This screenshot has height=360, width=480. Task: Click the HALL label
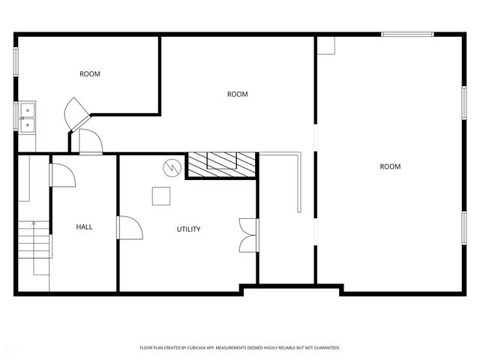(84, 226)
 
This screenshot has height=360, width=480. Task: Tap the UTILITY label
(188, 229)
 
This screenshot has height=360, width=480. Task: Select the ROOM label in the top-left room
(90, 74)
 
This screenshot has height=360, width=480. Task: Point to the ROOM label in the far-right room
(390, 166)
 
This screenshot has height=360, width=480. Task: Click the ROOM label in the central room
(237, 94)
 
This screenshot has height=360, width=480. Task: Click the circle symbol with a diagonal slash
(172, 166)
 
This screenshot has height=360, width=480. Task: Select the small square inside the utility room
(161, 196)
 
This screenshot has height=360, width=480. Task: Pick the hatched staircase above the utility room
(222, 165)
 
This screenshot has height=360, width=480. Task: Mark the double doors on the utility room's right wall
(246, 235)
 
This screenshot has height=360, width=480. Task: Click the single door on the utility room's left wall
(129, 227)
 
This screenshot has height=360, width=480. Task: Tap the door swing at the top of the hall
(62, 175)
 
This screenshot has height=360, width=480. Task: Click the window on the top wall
(407, 34)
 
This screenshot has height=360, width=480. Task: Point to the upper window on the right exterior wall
(464, 105)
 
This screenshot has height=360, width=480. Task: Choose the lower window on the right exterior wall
(464, 229)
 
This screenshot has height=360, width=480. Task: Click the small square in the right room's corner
(325, 45)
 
